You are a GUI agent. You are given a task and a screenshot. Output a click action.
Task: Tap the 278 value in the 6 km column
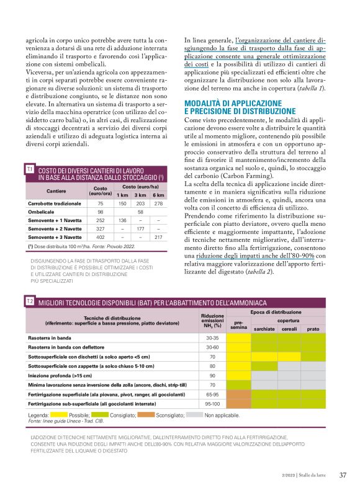tap(158, 203)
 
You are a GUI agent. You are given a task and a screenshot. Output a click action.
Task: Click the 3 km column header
tap(140, 194)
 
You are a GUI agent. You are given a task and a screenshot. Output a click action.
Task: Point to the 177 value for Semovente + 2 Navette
tap(140, 228)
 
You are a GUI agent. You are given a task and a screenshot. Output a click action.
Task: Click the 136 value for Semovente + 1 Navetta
tap(123, 220)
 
